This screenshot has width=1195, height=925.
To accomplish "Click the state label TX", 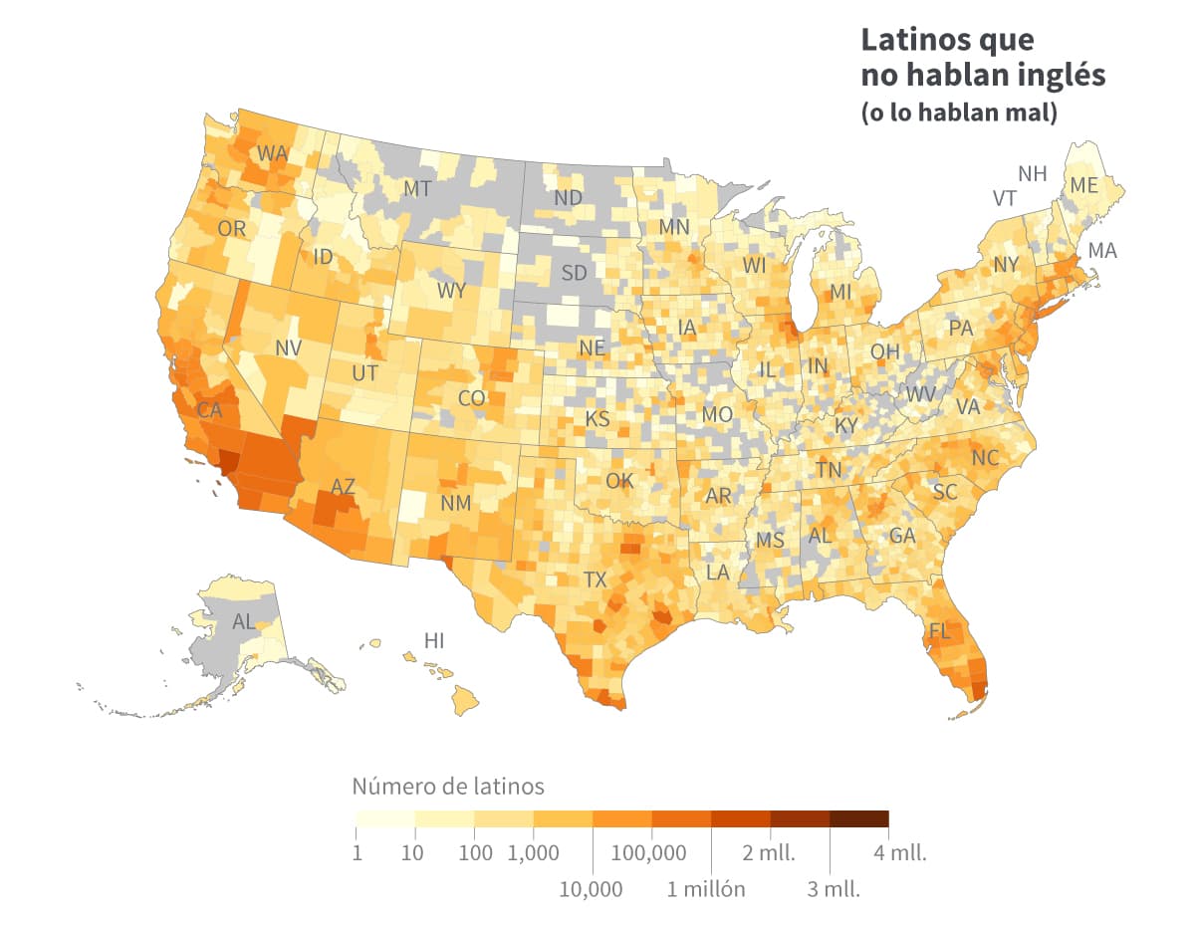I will click(x=595, y=579).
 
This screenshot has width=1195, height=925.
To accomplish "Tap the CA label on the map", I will click(x=209, y=409).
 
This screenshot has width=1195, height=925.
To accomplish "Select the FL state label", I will click(x=939, y=631).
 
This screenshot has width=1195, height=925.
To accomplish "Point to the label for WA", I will click(x=272, y=153).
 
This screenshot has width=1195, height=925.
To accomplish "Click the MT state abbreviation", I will click(x=416, y=188).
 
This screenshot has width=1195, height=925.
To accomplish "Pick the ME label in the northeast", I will click(x=1084, y=185).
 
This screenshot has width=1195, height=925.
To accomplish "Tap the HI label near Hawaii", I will click(x=434, y=640).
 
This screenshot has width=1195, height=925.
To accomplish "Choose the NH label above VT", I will click(x=1032, y=173).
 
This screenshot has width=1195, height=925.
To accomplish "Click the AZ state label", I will click(x=343, y=487).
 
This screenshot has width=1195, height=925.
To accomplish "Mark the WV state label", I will click(x=921, y=393).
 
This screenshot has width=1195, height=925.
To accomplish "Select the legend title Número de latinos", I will click(x=448, y=787).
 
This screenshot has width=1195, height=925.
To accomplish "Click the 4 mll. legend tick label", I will click(x=900, y=853).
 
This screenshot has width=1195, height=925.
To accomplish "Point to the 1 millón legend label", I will click(x=706, y=888).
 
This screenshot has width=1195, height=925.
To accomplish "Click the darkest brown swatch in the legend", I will click(x=858, y=819).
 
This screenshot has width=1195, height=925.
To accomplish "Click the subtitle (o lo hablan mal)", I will click(x=958, y=113).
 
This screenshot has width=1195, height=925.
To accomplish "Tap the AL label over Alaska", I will click(x=243, y=622).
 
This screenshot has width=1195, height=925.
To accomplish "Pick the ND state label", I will click(x=568, y=198).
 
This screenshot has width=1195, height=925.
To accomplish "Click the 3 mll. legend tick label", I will click(x=833, y=888).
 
